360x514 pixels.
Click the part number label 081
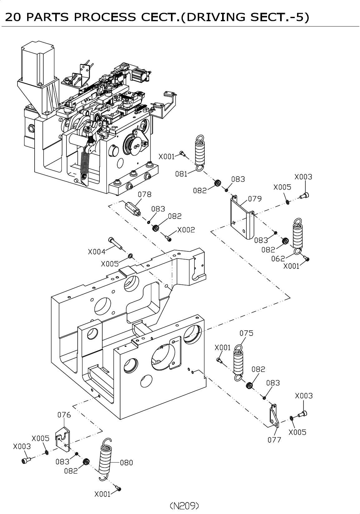point(181,174)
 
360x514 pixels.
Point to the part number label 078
point(144,194)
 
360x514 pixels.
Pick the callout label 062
point(278,259)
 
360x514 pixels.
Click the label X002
point(186,230)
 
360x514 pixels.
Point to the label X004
point(96,251)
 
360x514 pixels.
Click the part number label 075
point(246,333)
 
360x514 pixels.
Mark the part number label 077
point(274,440)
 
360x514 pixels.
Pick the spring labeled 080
point(105,458)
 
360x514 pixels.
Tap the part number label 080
point(126,463)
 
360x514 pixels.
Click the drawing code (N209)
point(184,506)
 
